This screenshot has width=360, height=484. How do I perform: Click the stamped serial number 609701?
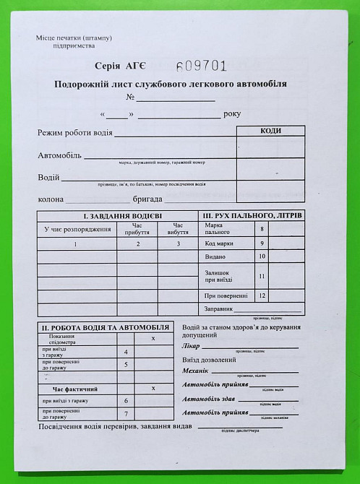[202, 66]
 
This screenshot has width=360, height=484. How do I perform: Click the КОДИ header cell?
[270, 131]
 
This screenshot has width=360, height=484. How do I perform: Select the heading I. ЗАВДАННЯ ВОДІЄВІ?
[118, 216]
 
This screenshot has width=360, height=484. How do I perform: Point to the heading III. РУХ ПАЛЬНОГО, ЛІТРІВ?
[252, 216]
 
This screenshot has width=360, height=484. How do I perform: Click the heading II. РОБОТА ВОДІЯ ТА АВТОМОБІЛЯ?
[105, 327]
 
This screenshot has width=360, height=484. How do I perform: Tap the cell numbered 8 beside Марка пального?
[262, 229]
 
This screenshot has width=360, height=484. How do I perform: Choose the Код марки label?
[220, 243]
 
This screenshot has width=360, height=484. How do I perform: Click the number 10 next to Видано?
[262, 256]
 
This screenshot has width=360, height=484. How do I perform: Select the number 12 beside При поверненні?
[262, 295]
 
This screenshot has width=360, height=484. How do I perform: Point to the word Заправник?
[218, 308]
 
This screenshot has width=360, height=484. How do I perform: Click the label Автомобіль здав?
[210, 399]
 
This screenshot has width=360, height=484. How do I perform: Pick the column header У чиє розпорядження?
[77, 229]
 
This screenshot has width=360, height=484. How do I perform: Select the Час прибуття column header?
[137, 229]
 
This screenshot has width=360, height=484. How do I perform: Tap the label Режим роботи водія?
[75, 133]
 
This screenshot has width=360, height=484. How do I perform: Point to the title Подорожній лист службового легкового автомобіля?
[170, 84]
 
